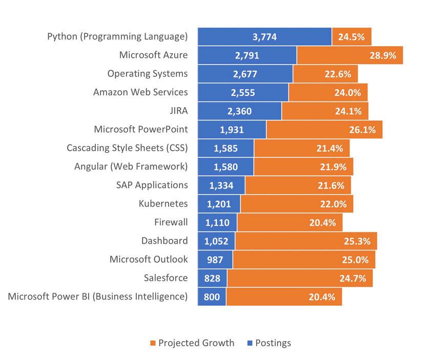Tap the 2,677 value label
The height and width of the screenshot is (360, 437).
pyautogui.click(x=245, y=74)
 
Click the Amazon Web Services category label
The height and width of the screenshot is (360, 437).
pyautogui.click(x=140, y=92)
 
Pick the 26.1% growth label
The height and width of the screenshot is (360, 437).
pyautogui.click(x=362, y=130)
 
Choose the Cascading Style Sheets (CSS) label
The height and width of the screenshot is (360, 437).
pyautogui.click(x=127, y=148)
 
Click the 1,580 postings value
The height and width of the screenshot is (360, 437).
pyautogui.click(x=225, y=167)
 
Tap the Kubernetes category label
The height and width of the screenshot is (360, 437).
pyautogui.click(x=163, y=204)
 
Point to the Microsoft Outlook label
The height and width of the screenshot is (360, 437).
pyautogui.click(x=149, y=259)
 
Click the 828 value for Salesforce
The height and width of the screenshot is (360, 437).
pyautogui.click(x=212, y=278)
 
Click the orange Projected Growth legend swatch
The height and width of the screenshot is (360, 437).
pyautogui.click(x=153, y=343)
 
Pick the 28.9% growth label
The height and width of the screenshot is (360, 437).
pyautogui.click(x=383, y=55)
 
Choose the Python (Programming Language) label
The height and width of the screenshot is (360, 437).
pyautogui.click(x=117, y=36)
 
